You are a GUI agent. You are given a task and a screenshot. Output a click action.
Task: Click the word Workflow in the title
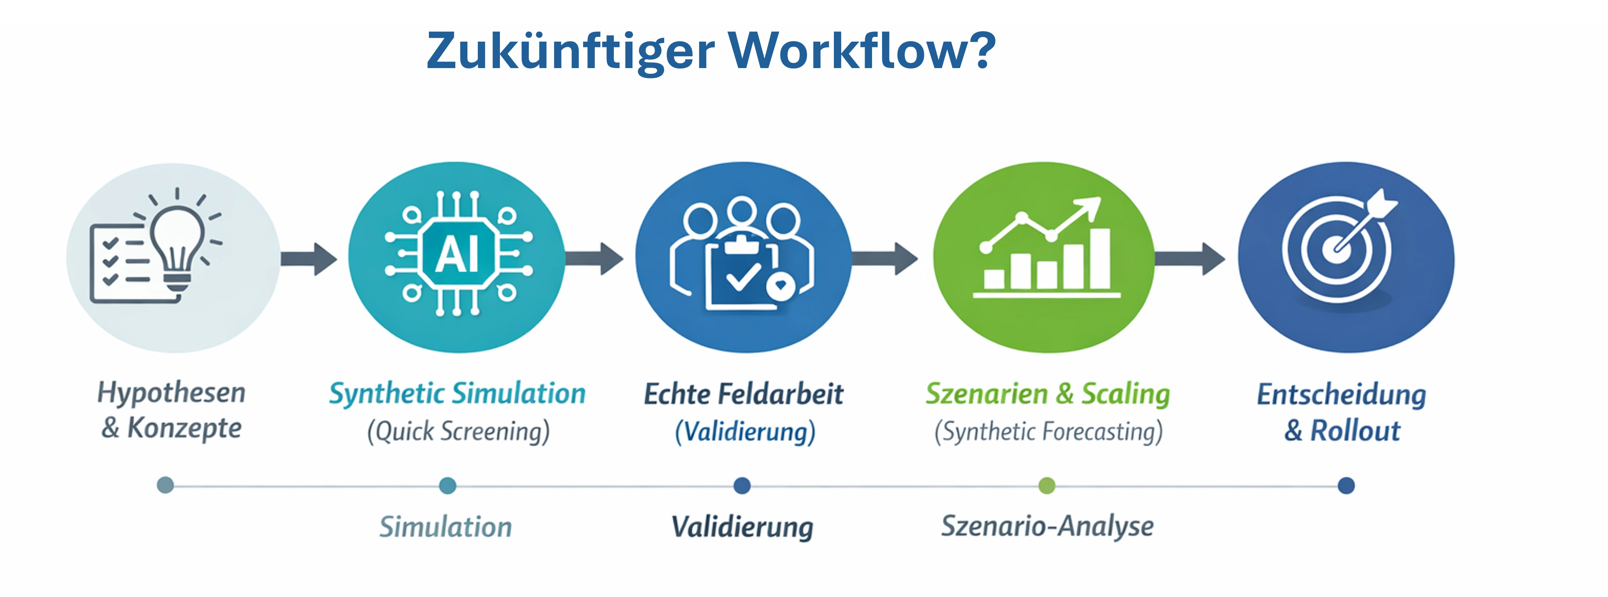click(862, 51)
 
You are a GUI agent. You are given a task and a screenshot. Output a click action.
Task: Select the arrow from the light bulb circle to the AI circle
click(309, 258)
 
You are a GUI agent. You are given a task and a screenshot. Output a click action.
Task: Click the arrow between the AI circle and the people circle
click(594, 258)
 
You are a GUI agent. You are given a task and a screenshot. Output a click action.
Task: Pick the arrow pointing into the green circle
click(885, 258)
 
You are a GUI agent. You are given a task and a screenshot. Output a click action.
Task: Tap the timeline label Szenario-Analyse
click(1047, 526)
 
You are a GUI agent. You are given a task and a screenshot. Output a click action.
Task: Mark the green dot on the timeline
click(1047, 485)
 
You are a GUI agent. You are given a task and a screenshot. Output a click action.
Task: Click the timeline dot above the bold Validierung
click(742, 485)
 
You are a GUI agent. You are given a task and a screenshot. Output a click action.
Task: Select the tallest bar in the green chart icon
click(1100, 259)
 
